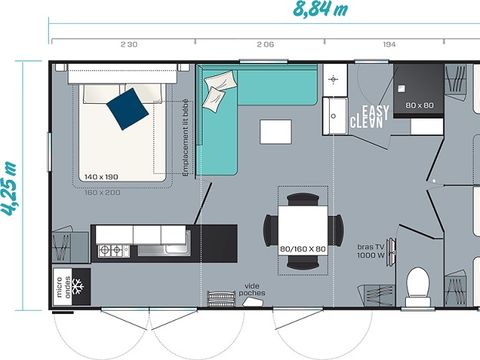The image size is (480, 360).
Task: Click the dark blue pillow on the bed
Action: tap(127, 107)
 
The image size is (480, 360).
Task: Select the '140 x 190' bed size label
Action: tap(102, 175)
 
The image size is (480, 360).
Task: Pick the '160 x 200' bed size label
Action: tap(104, 191)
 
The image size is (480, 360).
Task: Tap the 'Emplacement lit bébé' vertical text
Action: tap(186, 143)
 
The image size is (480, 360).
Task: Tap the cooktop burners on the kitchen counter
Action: tap(113, 248)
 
